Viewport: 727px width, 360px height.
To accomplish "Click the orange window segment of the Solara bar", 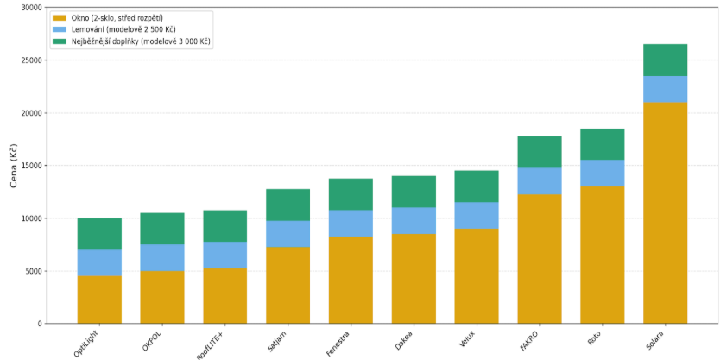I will tap(665, 212).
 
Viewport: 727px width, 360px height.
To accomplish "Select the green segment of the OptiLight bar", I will tap(99, 234).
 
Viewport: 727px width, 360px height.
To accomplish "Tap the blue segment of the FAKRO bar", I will tap(540, 180).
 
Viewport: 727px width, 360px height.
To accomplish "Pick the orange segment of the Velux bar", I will tap(477, 275).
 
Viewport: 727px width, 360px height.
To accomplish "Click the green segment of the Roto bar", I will tap(602, 144).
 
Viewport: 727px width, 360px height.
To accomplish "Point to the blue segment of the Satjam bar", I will tap(288, 233).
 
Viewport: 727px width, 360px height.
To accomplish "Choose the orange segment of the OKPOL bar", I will tap(162, 296).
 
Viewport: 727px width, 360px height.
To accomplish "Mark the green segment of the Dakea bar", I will tap(414, 192).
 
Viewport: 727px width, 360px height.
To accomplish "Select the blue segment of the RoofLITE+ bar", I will tap(225, 255).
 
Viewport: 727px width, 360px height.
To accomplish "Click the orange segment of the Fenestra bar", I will tap(351, 279).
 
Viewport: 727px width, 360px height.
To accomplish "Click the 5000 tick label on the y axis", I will tap(32, 271).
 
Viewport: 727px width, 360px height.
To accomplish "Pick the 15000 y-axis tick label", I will tap(30, 166).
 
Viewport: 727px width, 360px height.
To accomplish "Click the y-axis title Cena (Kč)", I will tap(11, 165).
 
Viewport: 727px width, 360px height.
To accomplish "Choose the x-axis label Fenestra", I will tap(340, 340).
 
